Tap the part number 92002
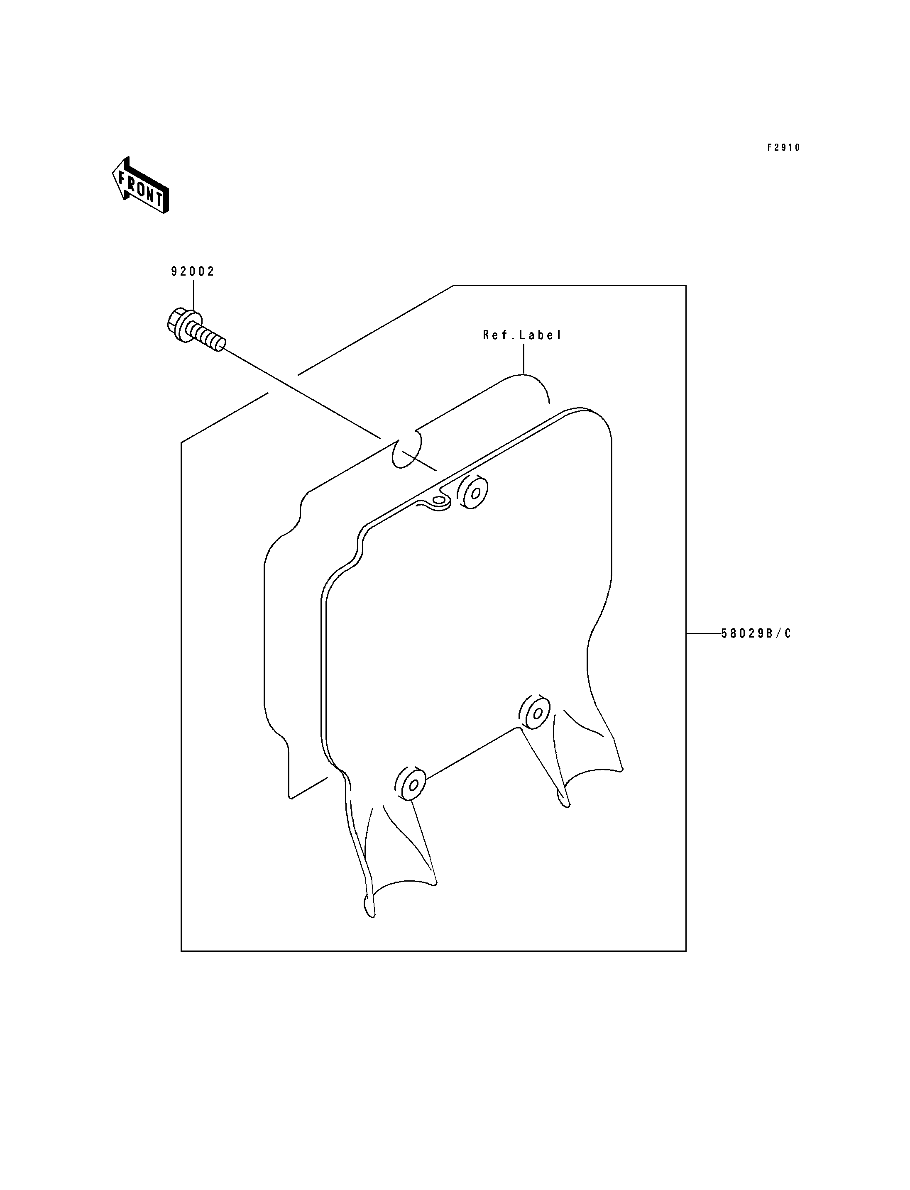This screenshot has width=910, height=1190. click(x=193, y=272)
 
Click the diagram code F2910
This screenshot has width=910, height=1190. click(x=783, y=147)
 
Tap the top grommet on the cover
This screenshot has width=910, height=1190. click(x=473, y=492)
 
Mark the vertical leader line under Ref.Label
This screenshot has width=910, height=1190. click(x=524, y=359)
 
